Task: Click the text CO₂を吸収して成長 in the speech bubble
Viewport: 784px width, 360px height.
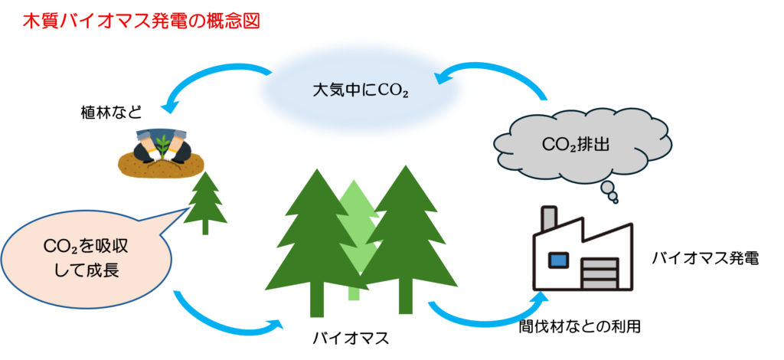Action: pos(81,259)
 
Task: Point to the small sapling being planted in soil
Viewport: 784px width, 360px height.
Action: pos(164,142)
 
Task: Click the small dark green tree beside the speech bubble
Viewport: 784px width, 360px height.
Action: pos(205,200)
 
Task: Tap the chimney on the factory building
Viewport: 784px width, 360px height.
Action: pos(548,218)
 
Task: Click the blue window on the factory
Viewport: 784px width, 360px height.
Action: pos(560,260)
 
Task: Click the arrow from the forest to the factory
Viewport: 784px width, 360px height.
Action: pos(490,314)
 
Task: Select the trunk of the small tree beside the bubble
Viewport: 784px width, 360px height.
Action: pos(204,227)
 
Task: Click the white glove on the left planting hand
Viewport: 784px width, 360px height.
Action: pos(150,153)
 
